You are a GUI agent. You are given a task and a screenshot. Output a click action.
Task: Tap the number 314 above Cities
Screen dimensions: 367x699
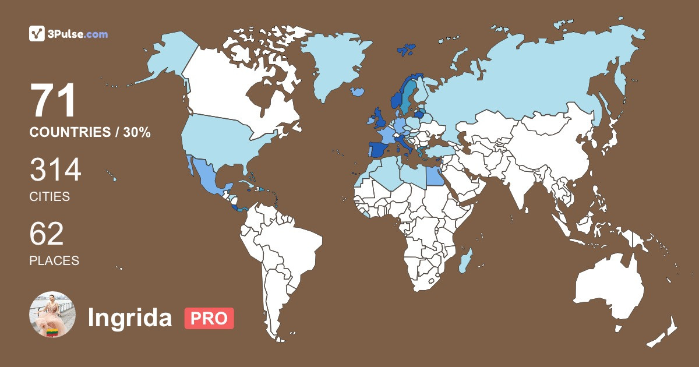tap(55, 171)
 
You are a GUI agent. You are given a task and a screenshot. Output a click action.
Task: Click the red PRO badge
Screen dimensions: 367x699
tap(209, 318)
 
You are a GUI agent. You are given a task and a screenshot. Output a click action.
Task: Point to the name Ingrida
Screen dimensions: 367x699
tap(130, 318)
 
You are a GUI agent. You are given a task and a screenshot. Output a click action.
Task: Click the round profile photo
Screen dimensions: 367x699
tap(52, 315)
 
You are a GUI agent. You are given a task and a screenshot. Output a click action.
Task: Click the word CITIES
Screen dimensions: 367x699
tap(50, 197)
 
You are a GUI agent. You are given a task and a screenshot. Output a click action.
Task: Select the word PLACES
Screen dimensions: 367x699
tap(54, 261)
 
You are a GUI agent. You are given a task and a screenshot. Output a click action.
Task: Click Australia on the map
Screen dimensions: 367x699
tap(609, 285)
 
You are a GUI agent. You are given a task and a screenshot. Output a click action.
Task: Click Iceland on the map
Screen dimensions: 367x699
tap(358, 91)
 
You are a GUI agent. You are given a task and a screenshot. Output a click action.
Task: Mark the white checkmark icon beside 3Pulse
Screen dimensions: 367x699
tap(37, 34)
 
